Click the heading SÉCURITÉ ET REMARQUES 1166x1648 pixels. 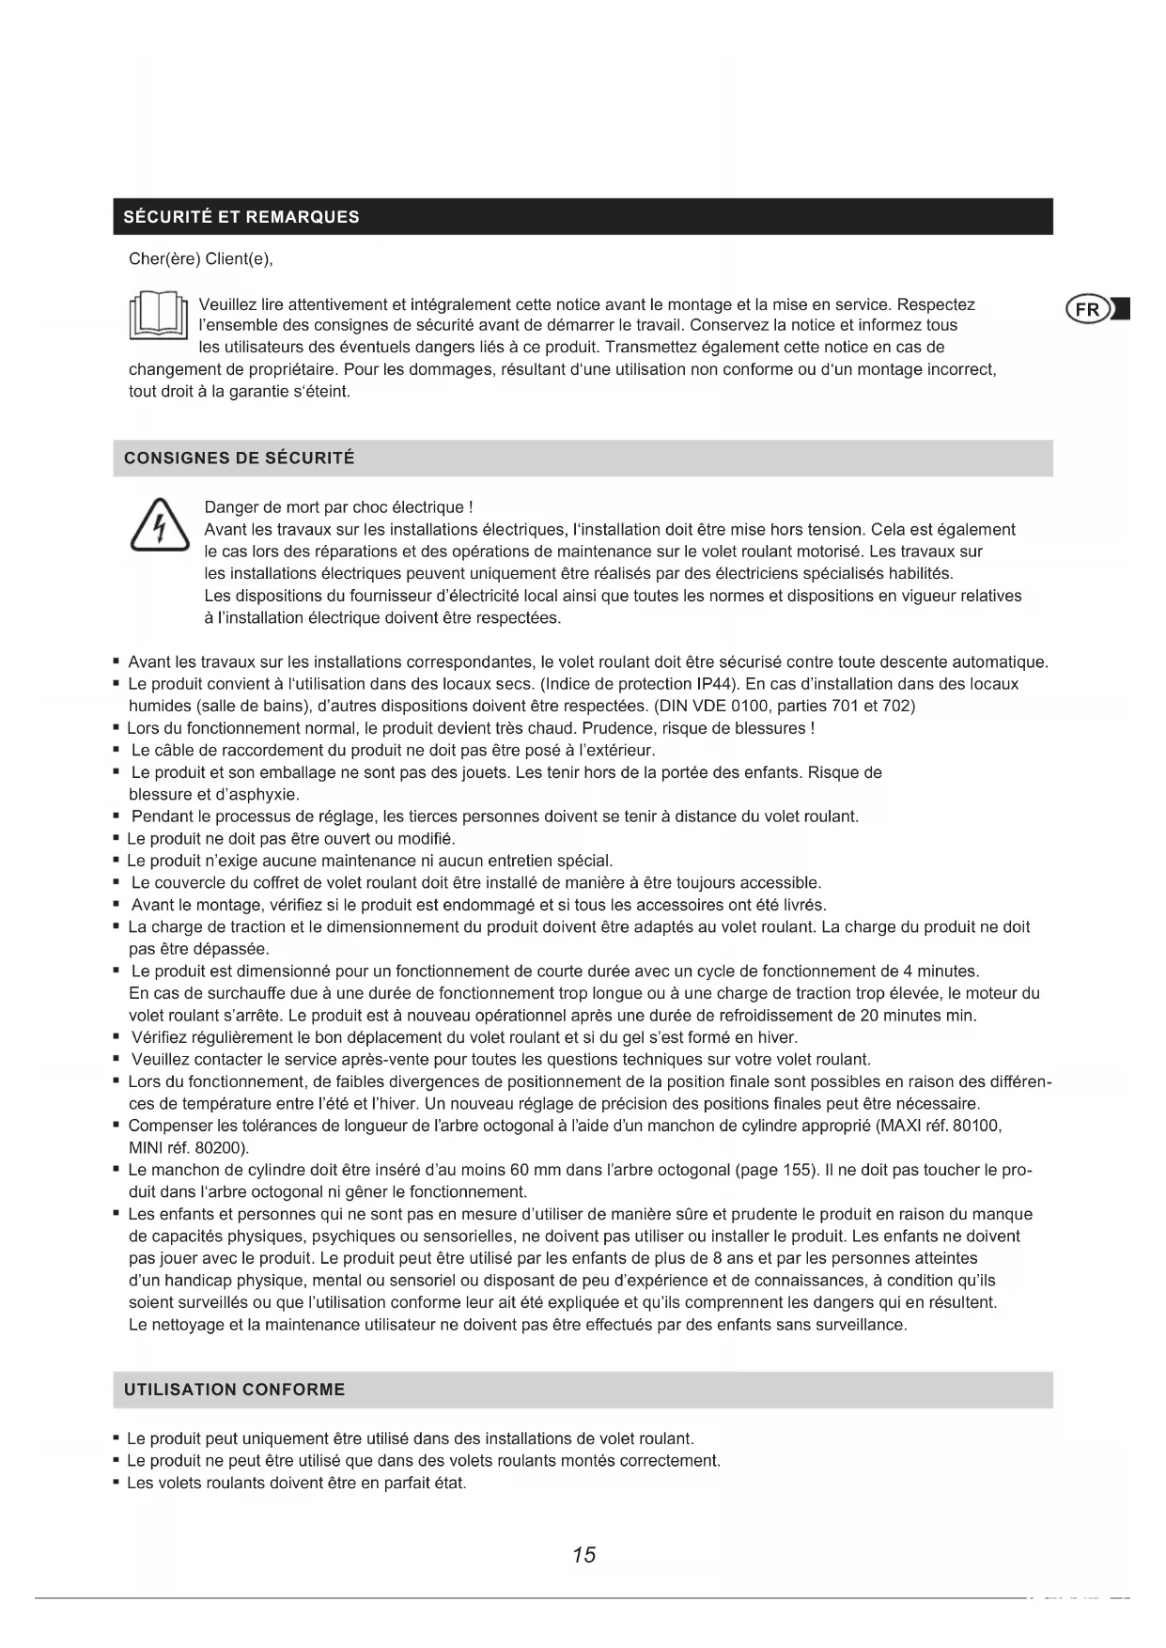(x=241, y=217)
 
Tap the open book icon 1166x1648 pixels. (x=158, y=317)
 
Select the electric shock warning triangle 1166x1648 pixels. (x=158, y=525)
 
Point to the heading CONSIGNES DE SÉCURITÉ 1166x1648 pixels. (x=240, y=459)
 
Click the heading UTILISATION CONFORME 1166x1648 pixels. (x=235, y=1390)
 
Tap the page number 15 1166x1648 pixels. (x=583, y=1555)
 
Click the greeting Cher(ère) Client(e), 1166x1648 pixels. (x=200, y=259)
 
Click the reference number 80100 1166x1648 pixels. (x=977, y=1126)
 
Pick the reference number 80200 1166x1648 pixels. (x=222, y=1148)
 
